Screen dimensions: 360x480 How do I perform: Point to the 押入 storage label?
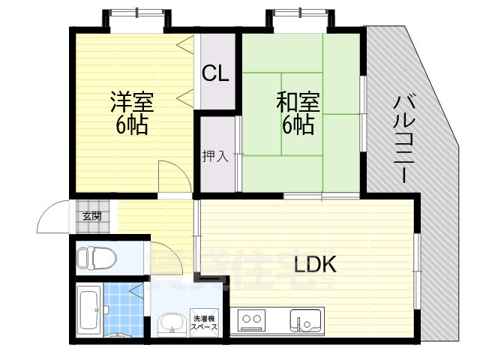[214, 156]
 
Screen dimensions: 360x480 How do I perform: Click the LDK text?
[315, 264]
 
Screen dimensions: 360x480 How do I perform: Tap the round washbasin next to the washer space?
[172, 323]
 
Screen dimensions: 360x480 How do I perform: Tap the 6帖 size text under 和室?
[298, 124]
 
